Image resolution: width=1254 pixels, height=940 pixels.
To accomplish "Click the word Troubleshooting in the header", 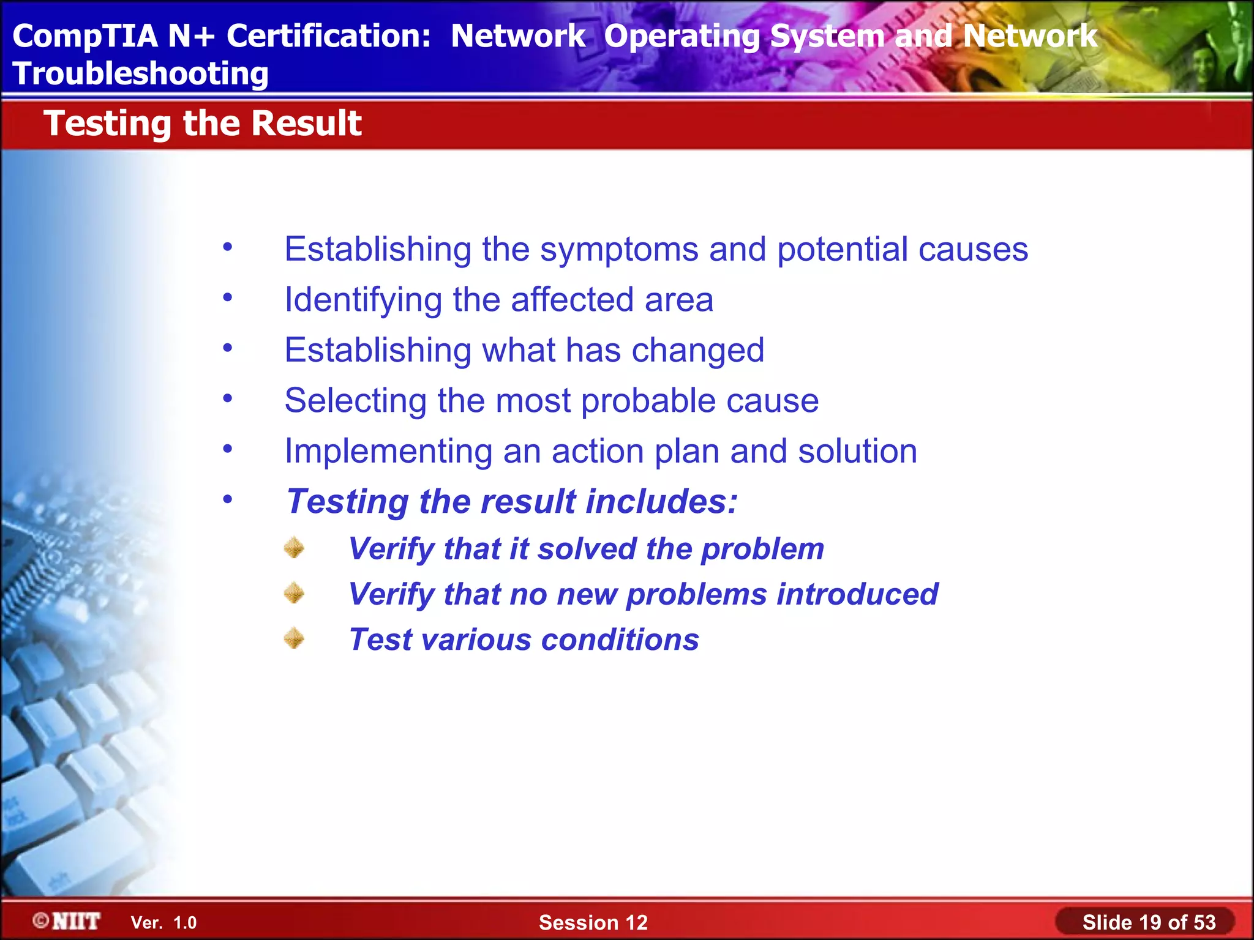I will [140, 74].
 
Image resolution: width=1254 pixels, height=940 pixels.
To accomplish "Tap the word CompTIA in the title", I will [85, 36].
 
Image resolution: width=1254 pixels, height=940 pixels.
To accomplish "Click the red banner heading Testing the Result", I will [203, 124].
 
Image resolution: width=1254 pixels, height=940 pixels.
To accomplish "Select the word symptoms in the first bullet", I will [619, 250].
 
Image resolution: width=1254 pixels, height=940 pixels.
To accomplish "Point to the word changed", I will [697, 351].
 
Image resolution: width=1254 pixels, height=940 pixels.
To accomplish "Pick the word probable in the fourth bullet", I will [648, 401].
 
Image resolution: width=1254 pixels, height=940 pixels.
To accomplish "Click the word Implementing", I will [388, 452].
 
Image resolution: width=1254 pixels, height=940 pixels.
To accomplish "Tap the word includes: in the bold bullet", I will [661, 502].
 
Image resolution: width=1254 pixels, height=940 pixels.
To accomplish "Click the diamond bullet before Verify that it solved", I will [295, 548].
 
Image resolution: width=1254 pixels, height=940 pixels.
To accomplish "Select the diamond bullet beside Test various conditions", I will [295, 638].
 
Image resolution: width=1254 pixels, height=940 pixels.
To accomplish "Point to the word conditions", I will [620, 640].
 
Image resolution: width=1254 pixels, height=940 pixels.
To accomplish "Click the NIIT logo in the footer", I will [67, 921].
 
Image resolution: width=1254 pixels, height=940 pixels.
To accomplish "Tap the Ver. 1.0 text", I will [163, 923].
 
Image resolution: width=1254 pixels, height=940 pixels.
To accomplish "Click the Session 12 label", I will [593, 922].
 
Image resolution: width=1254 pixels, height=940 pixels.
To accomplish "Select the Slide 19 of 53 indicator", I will [1148, 922].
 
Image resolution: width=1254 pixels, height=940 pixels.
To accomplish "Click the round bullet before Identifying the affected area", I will [228, 298].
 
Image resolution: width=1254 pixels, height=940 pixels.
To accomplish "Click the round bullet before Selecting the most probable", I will [228, 399].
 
